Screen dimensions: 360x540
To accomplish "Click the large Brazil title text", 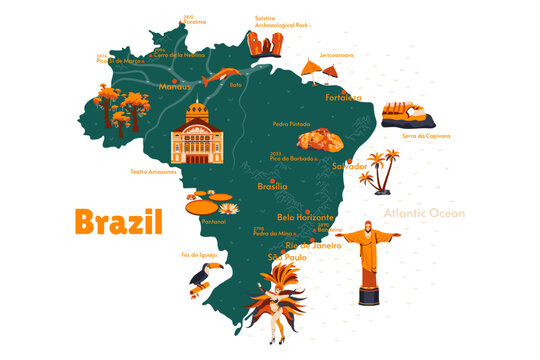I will point(118,221).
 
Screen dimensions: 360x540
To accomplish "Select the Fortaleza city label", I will point(343,98).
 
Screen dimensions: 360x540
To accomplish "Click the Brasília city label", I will point(272,186).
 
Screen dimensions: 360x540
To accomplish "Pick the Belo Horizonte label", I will point(305,216).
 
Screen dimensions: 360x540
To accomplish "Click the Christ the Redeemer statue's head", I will point(367,226).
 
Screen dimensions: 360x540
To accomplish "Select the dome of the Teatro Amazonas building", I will point(196,109).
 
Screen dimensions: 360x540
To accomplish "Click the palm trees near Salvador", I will point(380,171).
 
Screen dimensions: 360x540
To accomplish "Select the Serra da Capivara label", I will point(425,135).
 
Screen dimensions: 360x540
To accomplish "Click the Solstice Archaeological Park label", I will point(281,23).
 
